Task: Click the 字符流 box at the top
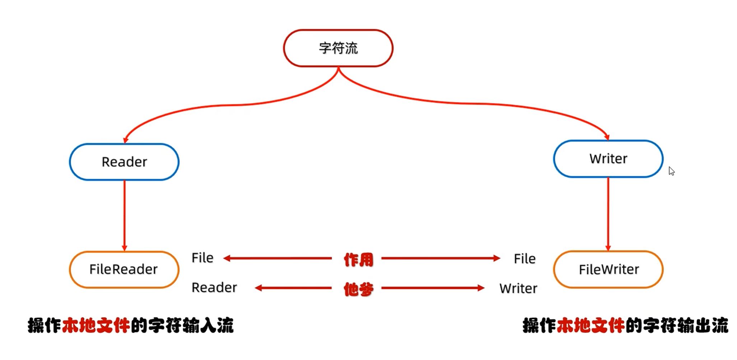338,48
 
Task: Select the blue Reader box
124,162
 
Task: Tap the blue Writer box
608,159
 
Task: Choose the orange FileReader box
124,269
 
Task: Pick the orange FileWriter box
608,269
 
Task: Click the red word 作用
358,259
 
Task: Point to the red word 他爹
358,289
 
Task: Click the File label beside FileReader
202,258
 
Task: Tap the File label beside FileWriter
524,258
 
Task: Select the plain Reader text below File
214,287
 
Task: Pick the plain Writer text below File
518,288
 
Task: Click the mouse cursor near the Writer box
671,171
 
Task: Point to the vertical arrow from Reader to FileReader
125,215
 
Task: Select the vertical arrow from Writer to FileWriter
608,214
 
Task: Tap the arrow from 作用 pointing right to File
440,258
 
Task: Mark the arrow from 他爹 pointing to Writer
433,288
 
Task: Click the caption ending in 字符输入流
131,326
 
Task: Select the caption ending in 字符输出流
625,326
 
